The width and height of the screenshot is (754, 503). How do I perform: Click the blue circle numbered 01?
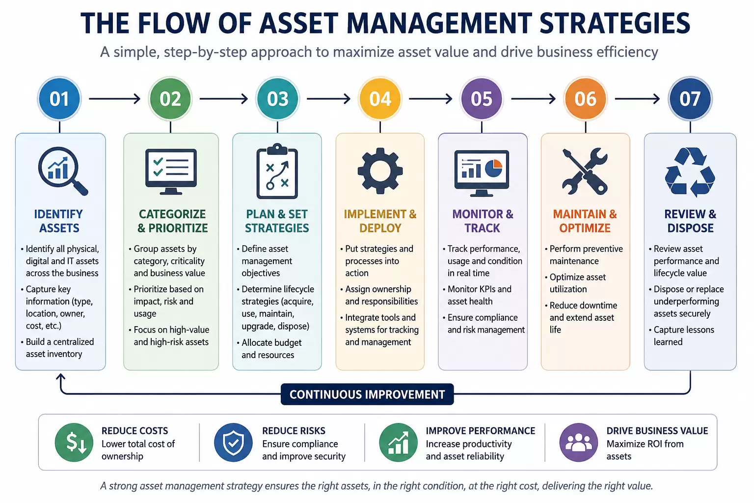59,99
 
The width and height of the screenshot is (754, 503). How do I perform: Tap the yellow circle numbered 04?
380,99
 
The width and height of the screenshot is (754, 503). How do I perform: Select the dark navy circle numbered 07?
690,99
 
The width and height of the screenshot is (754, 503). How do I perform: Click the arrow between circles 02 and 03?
224,99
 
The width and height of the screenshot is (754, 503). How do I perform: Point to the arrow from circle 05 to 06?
533,99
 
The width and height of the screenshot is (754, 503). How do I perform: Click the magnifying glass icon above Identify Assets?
63,171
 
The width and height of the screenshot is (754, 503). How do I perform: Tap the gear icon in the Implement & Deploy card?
380,171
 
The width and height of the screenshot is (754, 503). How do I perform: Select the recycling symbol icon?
690,172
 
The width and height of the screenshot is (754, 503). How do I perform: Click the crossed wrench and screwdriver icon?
585,171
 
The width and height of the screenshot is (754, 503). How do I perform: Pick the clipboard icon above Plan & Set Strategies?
277,171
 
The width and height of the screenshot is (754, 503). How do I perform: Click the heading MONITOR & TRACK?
483,221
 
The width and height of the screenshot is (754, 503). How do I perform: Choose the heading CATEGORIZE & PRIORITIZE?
172,221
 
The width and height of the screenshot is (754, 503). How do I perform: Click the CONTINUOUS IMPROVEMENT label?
367,394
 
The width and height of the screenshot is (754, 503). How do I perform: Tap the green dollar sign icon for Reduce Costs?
74,442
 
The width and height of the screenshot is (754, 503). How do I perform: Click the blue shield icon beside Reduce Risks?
233,442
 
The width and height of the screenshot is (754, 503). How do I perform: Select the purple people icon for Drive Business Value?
579,442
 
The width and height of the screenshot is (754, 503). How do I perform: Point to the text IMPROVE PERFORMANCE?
481,431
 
